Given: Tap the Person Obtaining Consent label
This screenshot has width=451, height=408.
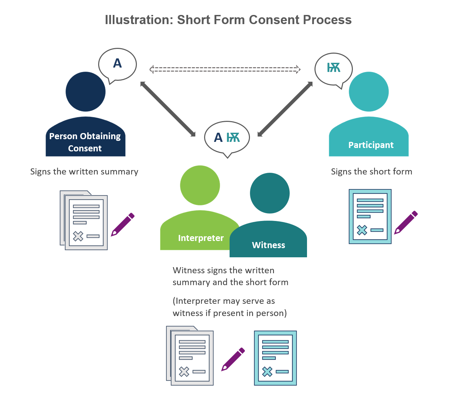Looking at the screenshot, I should point(85,142).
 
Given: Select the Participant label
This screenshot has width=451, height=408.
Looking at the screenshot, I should point(371,145).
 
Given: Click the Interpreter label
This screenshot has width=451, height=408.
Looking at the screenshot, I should point(201,238).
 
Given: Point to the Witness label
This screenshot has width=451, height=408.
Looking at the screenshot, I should point(268,245).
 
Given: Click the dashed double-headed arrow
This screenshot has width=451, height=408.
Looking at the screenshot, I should point(225,69).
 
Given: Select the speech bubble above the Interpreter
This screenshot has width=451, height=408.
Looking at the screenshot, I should point(227,137).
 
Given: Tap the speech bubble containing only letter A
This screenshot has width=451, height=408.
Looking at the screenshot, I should point(118,64).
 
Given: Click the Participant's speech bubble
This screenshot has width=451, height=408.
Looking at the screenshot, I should point(333,69).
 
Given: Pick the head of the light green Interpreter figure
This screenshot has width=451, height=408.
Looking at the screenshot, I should point(200,185).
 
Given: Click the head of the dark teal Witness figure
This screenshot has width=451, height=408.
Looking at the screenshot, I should point(270,193).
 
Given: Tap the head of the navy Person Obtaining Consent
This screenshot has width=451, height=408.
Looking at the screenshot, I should point(86,92).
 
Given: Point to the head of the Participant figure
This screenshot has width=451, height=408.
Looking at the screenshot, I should point(369,92).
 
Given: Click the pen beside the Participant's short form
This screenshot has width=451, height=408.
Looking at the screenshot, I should point(406,223).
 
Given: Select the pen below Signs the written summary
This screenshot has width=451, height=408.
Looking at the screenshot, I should point(123,225).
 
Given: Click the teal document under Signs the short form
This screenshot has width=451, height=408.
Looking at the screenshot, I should point(370,217).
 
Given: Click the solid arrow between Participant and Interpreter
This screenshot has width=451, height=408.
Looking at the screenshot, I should point(285,109).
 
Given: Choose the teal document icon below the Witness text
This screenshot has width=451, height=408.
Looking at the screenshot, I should point(275,358).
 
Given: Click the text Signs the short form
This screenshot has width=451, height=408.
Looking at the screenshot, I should point(372,172).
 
